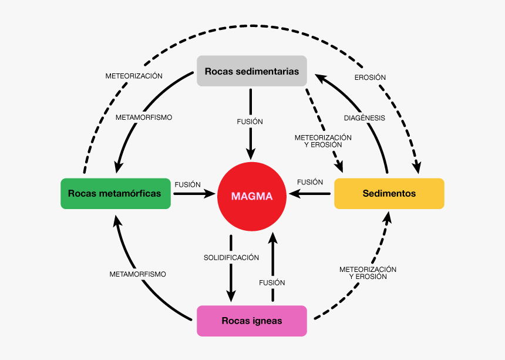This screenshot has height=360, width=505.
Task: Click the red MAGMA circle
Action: coord(252,196)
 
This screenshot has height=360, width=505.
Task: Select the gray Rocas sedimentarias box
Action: coord(252,71)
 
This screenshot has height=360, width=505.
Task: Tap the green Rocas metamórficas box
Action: coord(116,193)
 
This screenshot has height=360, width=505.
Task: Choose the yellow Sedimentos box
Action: coord(389,193)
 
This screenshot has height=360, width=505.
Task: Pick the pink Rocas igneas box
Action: coord(252,321)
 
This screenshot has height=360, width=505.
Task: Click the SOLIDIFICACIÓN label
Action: coord(231,257)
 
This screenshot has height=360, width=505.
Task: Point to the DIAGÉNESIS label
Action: coord(364,117)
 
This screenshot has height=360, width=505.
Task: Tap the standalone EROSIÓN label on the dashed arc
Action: coord(370,77)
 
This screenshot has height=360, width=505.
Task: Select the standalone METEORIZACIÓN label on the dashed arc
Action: coord(134,76)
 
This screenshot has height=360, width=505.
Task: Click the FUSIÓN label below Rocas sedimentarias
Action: coord(250,122)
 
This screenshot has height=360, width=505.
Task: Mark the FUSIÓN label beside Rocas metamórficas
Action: coord(187,184)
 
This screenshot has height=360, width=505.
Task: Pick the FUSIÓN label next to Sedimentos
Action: coord(310,182)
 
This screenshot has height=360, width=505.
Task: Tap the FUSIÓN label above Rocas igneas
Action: coord(272,282)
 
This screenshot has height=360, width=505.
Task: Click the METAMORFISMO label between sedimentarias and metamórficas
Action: coord(144,117)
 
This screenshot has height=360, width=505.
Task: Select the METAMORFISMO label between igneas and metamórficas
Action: coord(138,274)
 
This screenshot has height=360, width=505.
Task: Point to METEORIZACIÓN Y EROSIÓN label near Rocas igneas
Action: coord(368,272)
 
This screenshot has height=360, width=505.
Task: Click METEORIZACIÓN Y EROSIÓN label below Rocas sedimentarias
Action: coord(323,141)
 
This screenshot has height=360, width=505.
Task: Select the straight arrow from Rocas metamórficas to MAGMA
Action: coord(194,193)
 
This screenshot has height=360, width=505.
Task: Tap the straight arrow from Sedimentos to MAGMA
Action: coord(309,193)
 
